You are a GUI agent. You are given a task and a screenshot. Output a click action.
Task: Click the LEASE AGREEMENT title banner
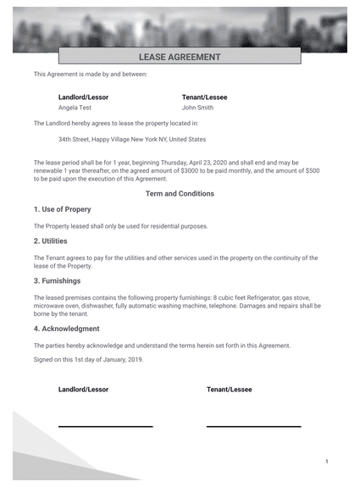[179, 57]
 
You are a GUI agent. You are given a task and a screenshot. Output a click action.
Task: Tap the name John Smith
[197, 108]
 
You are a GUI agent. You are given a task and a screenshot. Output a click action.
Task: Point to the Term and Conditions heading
[180, 193]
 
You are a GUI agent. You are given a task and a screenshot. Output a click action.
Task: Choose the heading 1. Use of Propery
[62, 209]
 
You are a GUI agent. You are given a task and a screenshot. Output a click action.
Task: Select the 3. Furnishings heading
[58, 280]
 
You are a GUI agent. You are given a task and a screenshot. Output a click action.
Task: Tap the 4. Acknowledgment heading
[66, 329]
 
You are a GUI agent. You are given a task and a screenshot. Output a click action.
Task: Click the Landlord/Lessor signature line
[105, 426]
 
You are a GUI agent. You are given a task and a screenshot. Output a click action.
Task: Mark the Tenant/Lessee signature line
[253, 426]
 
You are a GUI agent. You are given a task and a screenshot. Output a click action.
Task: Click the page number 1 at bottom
[327, 462]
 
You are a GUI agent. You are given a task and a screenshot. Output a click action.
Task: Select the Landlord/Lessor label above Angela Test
[83, 97]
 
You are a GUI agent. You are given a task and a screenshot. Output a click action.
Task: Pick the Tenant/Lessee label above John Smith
[204, 97]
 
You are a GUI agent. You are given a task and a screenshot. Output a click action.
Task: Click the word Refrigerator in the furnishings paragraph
[254, 297]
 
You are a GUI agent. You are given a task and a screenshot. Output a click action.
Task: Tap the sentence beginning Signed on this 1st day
[88, 359]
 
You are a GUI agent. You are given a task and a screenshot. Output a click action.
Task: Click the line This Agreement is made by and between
[90, 75]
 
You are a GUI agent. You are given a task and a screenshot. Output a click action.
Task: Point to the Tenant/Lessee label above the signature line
[229, 390]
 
